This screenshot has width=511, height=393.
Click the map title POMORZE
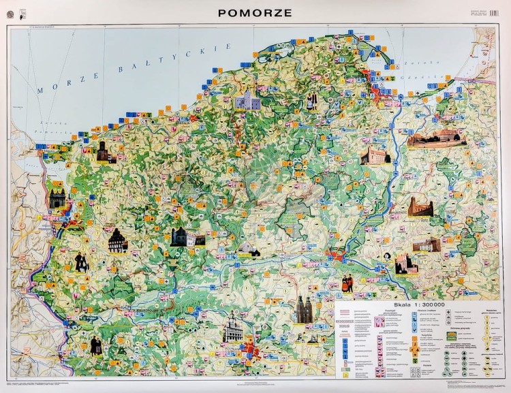[x=255, y=12]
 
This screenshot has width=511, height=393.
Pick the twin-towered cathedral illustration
[x=304, y=311]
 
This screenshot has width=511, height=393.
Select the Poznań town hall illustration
[x=233, y=329]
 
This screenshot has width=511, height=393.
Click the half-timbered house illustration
[x=118, y=240]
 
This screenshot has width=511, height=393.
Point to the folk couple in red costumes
[x=348, y=283]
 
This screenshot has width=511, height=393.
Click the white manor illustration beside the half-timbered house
[x=183, y=237]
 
